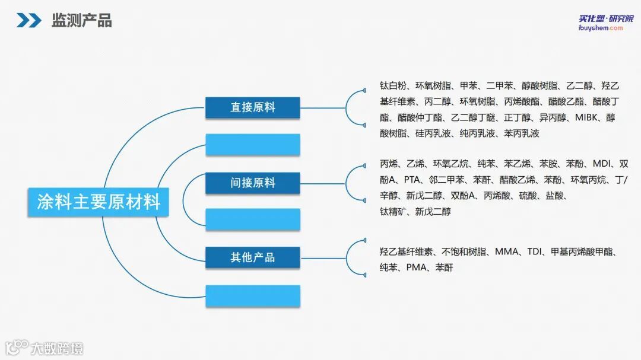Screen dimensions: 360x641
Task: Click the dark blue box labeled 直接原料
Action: pos(253,107)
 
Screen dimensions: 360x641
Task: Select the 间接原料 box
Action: pos(253,183)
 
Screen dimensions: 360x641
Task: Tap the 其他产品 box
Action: pos(253,257)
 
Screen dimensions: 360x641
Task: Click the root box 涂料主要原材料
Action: pos(99,202)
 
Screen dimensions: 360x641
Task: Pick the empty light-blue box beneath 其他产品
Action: pos(253,295)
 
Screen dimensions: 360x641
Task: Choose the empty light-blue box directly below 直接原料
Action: pos(253,145)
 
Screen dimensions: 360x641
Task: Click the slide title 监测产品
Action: pos(81,21)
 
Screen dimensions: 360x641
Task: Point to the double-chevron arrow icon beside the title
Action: pos(28,21)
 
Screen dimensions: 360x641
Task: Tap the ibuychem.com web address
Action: pos(601,28)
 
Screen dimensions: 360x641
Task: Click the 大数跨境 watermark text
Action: pos(57,348)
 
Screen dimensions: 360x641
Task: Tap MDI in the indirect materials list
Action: pos(602,164)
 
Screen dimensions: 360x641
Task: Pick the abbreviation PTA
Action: pos(412,180)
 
